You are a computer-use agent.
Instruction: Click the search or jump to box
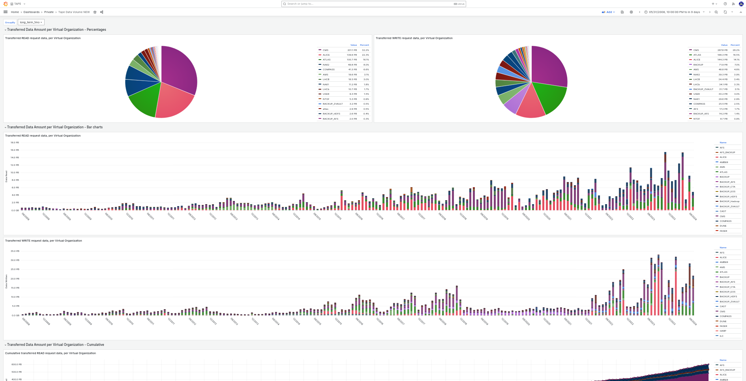373,4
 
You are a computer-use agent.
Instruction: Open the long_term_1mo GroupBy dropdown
31,22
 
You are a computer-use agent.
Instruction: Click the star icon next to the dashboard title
95,12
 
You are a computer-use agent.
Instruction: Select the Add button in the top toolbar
608,12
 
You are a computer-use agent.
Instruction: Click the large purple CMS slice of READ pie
180,69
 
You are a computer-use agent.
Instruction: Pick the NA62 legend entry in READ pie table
326,65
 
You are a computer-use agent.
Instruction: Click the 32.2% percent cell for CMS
365,50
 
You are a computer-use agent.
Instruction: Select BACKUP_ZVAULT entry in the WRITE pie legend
703,89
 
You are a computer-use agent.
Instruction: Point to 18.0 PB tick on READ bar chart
15,143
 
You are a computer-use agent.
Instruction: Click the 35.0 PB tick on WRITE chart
15,251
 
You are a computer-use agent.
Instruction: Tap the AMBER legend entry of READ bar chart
724,162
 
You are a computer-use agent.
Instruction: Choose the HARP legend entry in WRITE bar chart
723,331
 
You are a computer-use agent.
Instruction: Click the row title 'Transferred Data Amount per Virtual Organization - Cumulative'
55,345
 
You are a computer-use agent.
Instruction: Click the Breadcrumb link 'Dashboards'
31,12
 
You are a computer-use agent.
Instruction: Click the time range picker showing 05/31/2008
674,12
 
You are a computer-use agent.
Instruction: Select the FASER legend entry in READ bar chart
723,231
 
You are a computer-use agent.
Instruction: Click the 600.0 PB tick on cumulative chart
16,364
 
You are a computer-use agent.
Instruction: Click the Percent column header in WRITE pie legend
735,45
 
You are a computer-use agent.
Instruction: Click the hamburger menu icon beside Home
6,12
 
